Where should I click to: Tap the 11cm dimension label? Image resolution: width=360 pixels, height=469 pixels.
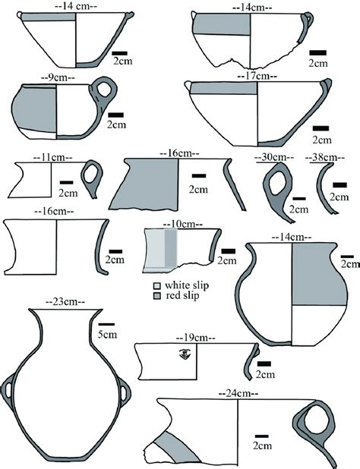pyautogui.click(x=52, y=157)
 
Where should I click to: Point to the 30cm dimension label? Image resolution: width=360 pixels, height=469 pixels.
pyautogui.click(x=274, y=157)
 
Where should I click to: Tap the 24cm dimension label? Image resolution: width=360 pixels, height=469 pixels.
pyautogui.click(x=238, y=393)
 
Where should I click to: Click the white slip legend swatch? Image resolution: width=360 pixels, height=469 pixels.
pyautogui.click(x=156, y=285)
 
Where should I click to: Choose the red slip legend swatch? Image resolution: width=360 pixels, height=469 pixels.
pyautogui.click(x=156, y=295)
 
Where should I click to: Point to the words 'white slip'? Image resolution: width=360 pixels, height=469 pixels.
pyautogui.click(x=178, y=285)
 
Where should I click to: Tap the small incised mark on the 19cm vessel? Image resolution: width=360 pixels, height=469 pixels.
pyautogui.click(x=184, y=353)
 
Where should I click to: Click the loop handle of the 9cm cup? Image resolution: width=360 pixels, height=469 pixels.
pyautogui.click(x=102, y=91)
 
